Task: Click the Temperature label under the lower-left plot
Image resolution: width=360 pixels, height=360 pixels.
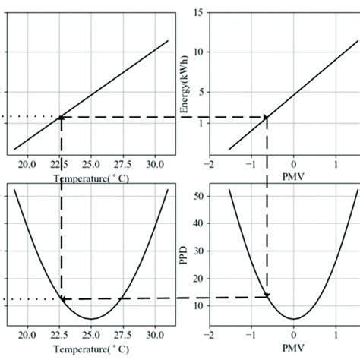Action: pos(91,349)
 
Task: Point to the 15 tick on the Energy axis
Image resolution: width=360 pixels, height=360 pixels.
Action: pos(196,13)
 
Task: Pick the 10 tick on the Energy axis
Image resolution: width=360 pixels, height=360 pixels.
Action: pos(196,52)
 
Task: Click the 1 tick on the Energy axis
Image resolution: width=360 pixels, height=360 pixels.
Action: pos(198,122)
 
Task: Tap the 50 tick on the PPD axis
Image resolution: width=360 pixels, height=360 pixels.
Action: pos(196,196)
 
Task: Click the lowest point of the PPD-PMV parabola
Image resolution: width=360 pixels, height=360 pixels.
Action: pos(294,319)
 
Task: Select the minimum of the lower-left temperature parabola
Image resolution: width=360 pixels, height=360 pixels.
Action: pos(91,319)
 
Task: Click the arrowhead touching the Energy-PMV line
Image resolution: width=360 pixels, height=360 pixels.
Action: pos(266,117)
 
